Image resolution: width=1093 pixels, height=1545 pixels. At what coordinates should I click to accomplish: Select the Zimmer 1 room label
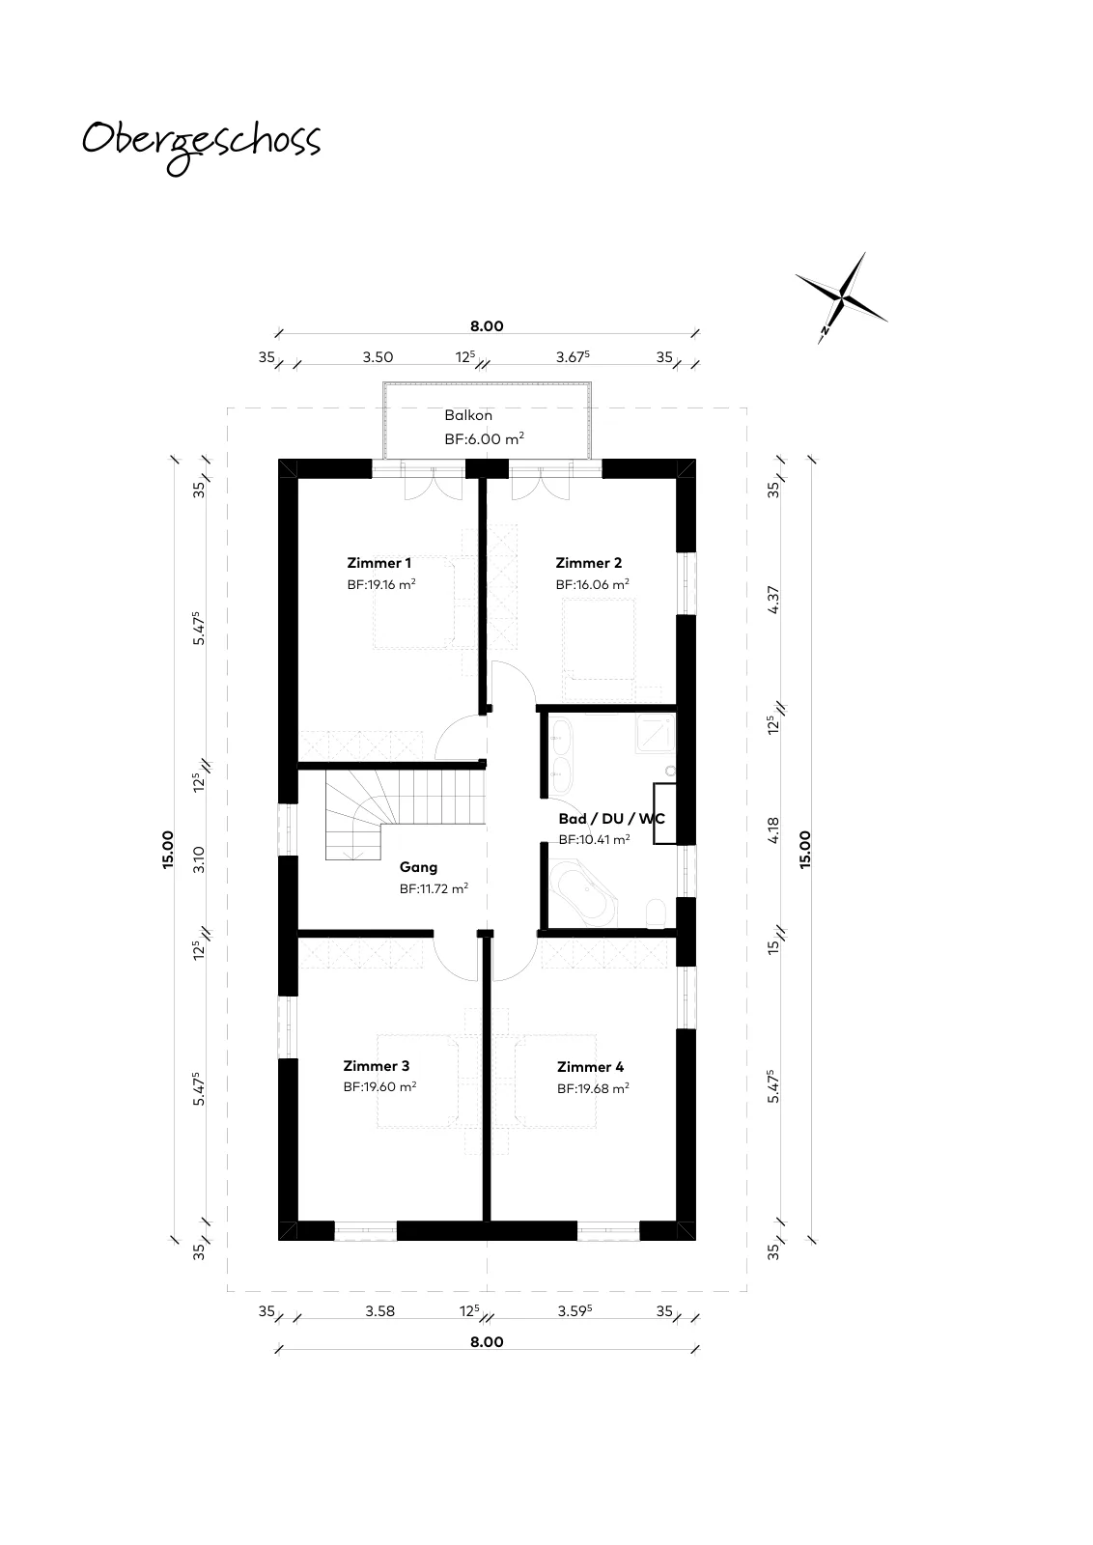click(x=378, y=563)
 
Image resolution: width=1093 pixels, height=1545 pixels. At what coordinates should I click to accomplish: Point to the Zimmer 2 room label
click(x=588, y=563)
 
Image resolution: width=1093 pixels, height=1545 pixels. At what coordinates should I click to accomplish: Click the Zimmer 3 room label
click(x=376, y=1066)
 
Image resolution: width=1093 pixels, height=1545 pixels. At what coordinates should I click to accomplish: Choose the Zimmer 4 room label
click(x=590, y=1067)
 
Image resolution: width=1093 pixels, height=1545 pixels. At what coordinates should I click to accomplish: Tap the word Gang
click(x=418, y=868)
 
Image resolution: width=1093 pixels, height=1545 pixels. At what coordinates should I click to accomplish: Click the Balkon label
click(x=468, y=415)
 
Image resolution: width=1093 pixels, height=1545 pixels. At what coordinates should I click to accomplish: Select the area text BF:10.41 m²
click(x=594, y=840)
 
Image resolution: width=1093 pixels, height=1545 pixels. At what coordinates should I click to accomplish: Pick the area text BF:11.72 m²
click(x=434, y=889)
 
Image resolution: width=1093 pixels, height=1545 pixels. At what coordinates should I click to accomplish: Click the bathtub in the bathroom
click(x=583, y=892)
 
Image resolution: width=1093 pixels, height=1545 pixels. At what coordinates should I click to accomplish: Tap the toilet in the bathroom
click(x=656, y=913)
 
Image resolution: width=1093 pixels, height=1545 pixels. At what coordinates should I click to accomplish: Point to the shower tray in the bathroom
click(x=655, y=734)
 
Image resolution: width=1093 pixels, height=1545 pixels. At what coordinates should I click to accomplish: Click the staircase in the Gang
click(x=405, y=815)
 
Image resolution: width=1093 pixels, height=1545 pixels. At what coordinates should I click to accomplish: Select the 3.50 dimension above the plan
click(x=378, y=357)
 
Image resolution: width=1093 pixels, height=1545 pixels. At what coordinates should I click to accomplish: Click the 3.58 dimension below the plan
click(x=380, y=1311)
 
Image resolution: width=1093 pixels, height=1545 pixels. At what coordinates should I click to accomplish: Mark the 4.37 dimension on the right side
click(x=773, y=600)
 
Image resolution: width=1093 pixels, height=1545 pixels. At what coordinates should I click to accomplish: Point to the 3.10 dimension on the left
click(x=199, y=859)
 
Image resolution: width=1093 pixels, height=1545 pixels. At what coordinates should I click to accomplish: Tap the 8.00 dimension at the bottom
click(x=487, y=1341)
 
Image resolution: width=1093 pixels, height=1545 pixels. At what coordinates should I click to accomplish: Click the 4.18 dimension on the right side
click(x=773, y=829)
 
